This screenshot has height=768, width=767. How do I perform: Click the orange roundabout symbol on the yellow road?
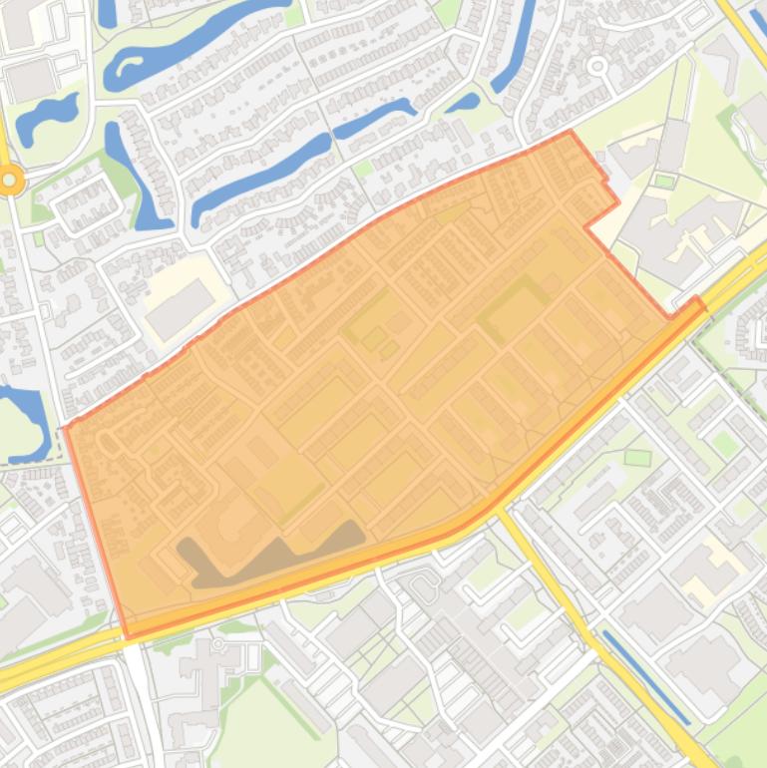(x=11, y=181)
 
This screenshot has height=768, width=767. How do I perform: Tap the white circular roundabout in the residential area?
(x=597, y=67)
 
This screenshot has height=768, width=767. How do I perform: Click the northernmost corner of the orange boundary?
(x=570, y=131)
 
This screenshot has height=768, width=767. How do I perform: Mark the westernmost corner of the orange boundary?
(x=66, y=427)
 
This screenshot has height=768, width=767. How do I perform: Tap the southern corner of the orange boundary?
(x=127, y=637)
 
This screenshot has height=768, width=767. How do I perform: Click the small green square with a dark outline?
(x=637, y=458)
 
